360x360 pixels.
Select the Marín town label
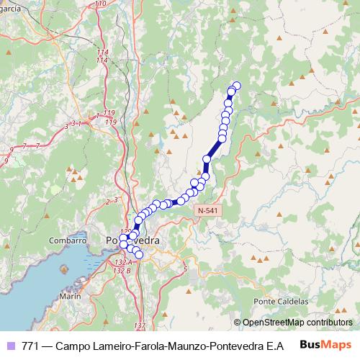point(70,296)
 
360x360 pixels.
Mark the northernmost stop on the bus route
point(236,86)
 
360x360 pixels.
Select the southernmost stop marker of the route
point(139,255)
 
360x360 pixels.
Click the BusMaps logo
point(325,344)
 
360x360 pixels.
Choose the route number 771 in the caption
point(30,345)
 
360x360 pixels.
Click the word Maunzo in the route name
point(164,345)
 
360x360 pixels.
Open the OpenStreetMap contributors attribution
point(297,323)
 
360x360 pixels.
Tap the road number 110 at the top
point(100,4)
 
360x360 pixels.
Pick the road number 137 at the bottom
point(140,326)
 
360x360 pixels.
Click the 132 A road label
point(122,270)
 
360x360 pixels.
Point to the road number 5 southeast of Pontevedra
point(185,269)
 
